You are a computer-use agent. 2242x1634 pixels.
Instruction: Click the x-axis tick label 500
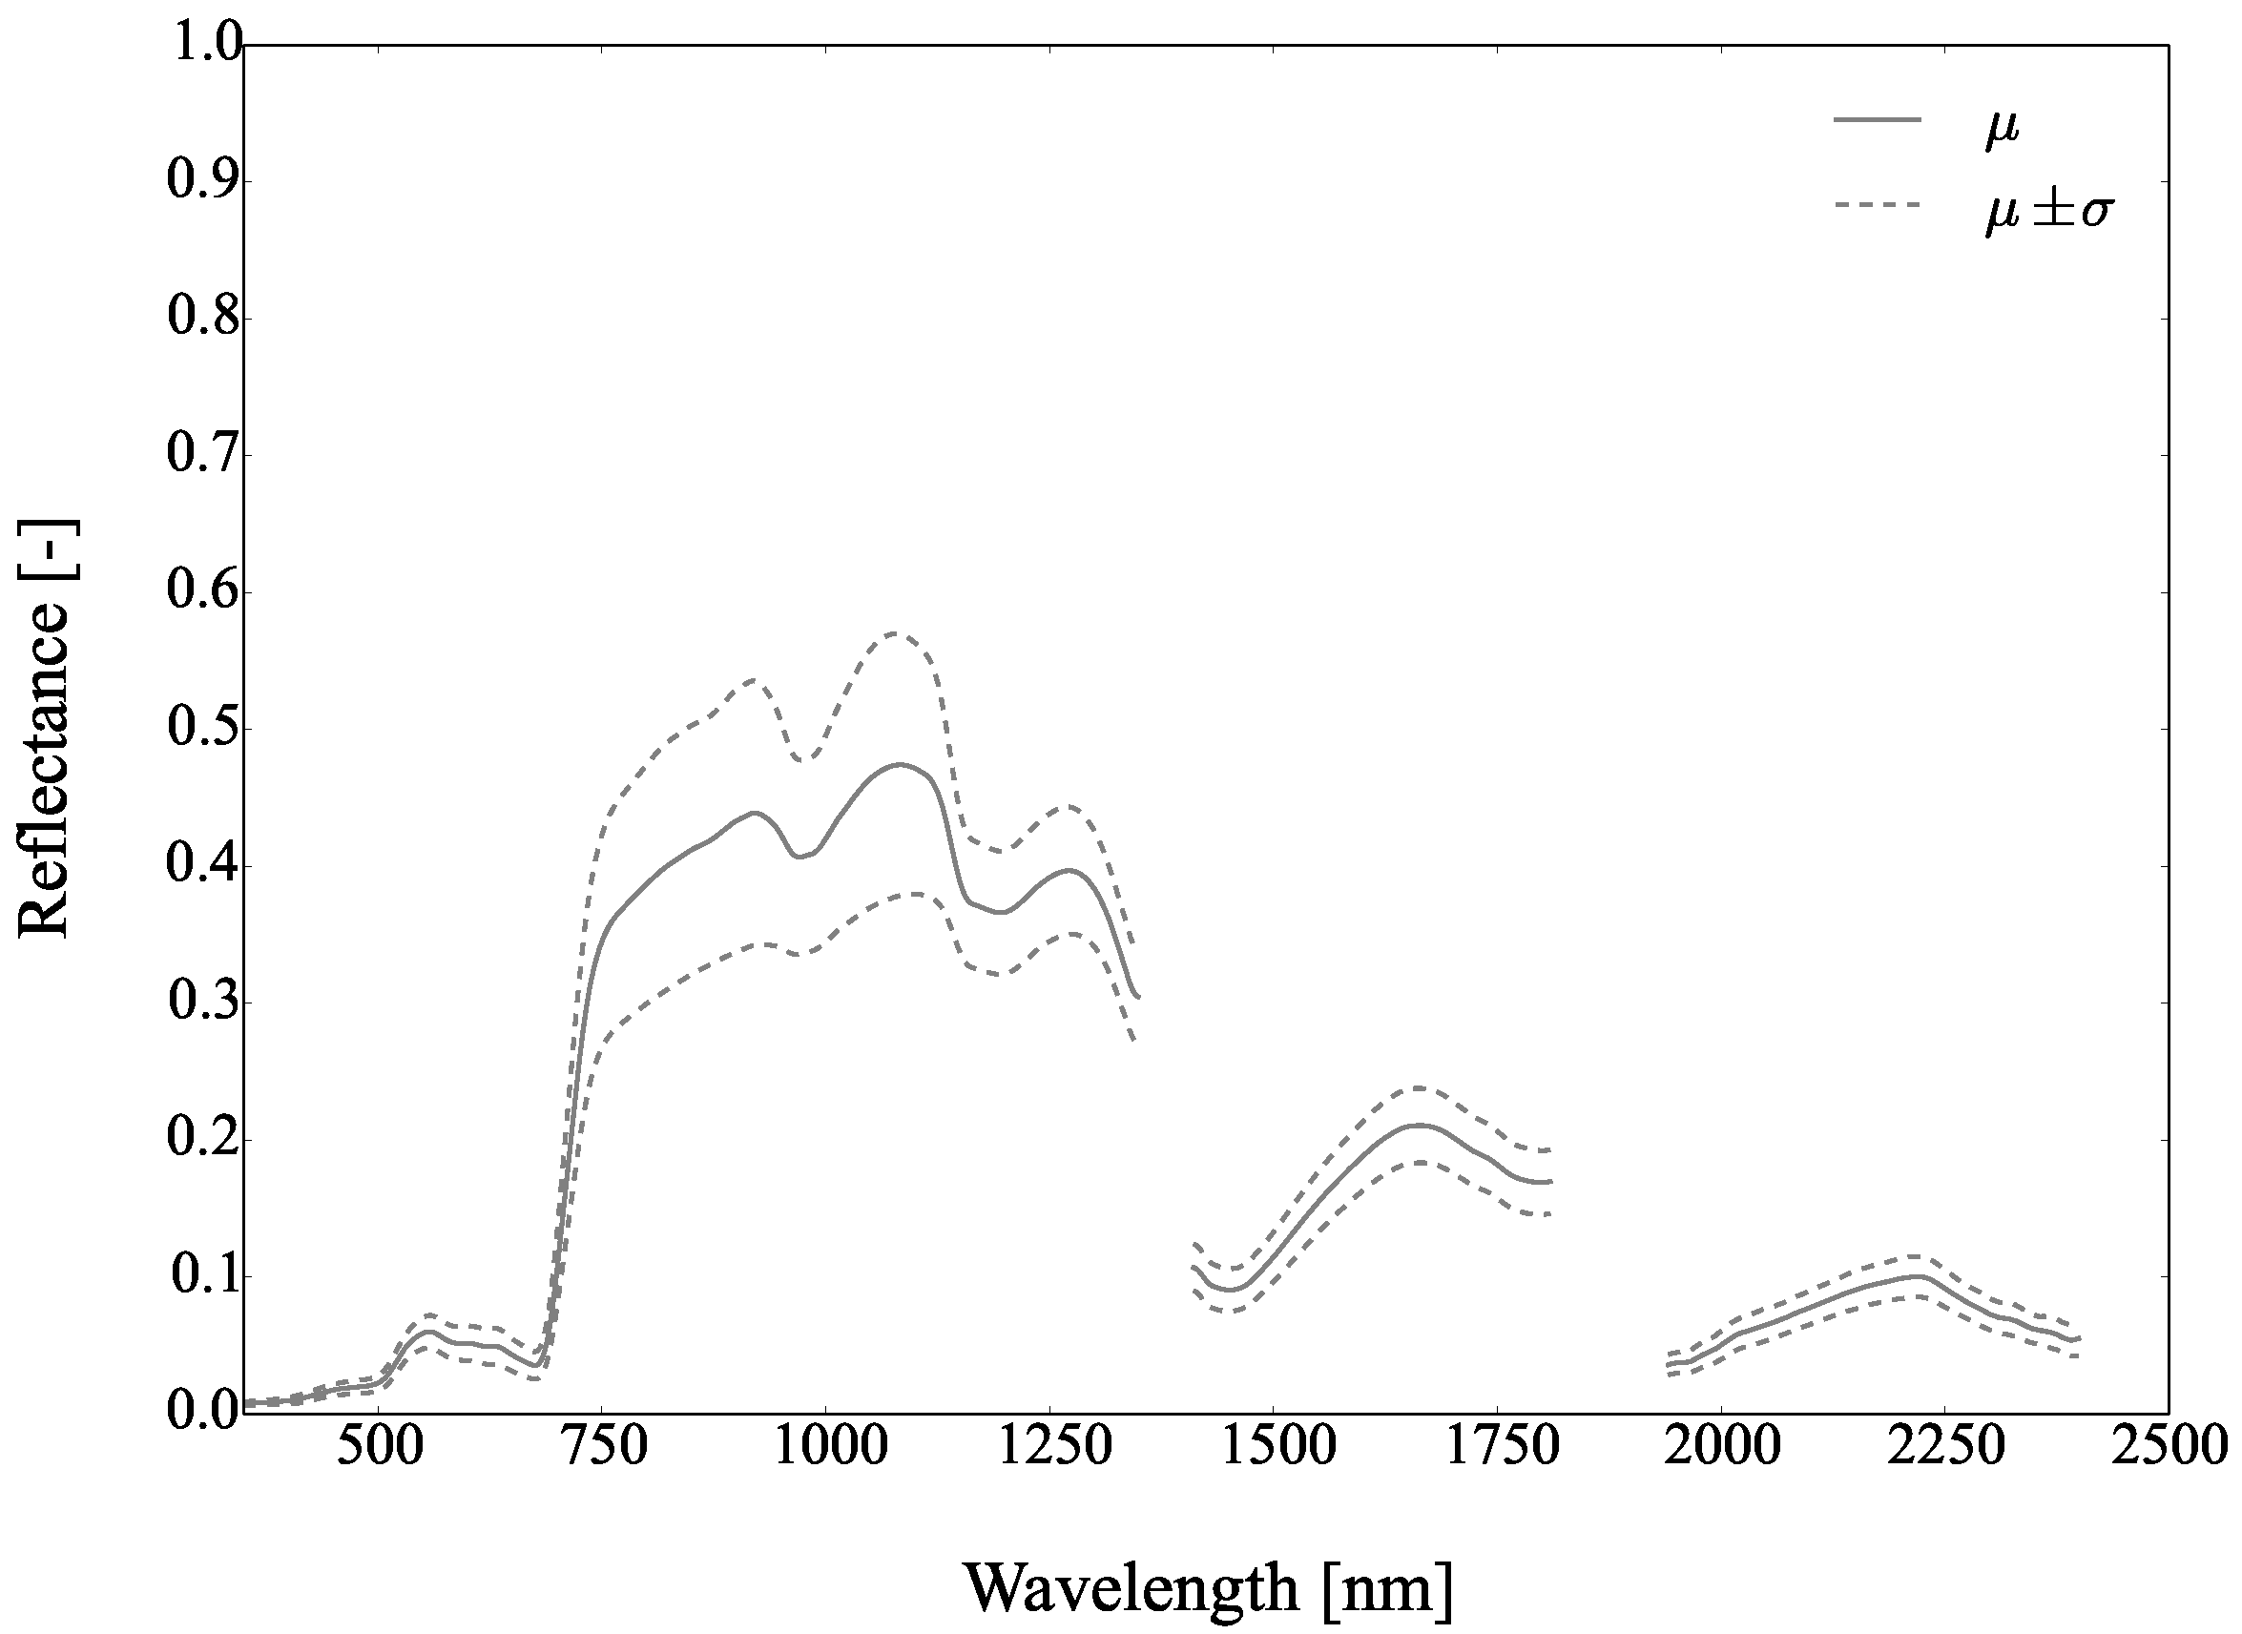pos(382,1446)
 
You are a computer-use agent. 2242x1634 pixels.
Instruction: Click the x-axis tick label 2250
pos(1945,1446)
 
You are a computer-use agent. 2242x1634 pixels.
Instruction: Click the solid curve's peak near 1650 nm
pos(1421,1125)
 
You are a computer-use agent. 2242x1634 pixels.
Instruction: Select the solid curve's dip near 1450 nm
pos(1233,1290)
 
